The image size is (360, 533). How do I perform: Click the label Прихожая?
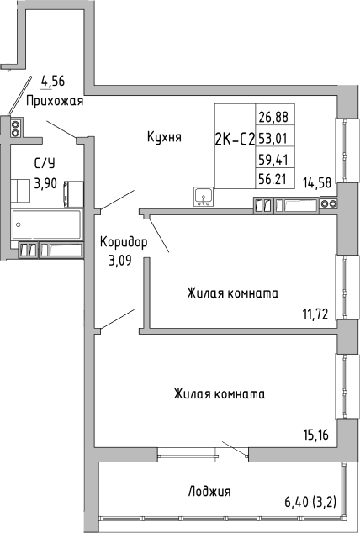coord(56,101)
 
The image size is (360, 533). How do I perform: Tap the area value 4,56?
coord(53,82)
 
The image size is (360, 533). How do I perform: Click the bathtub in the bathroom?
coord(46,224)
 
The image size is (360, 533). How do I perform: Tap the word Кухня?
coord(164,136)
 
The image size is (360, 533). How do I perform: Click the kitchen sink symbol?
coord(203,197)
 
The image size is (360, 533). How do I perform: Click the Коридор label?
coord(123,242)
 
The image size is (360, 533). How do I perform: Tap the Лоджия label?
coord(209,491)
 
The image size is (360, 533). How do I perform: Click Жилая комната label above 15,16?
coord(220,393)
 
